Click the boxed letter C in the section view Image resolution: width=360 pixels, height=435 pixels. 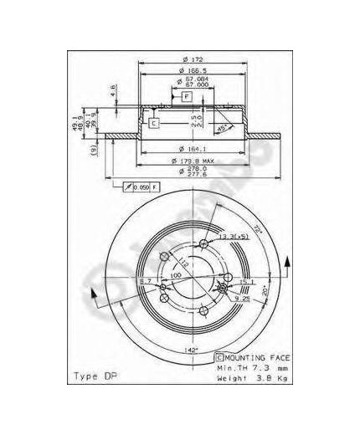click(155, 124)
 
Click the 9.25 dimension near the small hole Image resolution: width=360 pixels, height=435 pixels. click(240, 297)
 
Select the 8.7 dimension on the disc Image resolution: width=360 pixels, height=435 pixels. click(145, 281)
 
